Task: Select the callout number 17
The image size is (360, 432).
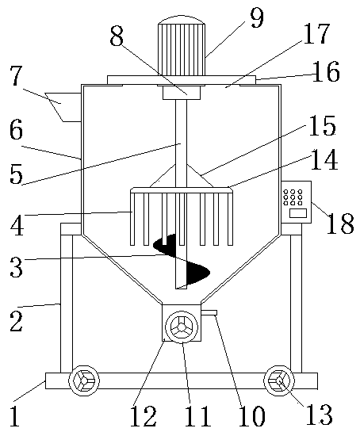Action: [x=316, y=33]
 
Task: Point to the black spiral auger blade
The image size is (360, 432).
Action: [x=182, y=260]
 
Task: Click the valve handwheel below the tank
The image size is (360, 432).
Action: [x=182, y=327]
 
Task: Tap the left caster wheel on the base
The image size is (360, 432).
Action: [x=84, y=381]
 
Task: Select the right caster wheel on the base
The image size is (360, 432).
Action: [x=279, y=381]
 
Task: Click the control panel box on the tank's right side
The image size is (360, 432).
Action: [x=297, y=202]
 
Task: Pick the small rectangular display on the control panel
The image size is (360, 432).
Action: [x=297, y=213]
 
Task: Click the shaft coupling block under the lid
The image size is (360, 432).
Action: [x=182, y=93]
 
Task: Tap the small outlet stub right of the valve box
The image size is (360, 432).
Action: [x=209, y=312]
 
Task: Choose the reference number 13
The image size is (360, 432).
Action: [x=320, y=415]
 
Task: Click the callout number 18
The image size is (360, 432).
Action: [x=340, y=224]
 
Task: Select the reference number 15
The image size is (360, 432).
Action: [x=323, y=126]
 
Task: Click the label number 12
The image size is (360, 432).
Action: [x=144, y=416]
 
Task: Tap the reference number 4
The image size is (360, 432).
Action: [x=17, y=225]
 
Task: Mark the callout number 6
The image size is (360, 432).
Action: [x=16, y=130]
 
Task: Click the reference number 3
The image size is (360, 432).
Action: [x=17, y=266]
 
